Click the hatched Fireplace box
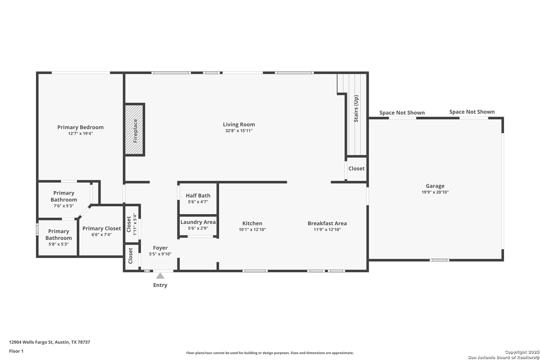click(135, 129)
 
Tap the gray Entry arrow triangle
click(160, 276)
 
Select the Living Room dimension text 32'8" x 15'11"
click(239, 131)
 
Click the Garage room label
click(435, 186)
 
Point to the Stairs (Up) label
click(356, 109)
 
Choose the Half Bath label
click(198, 196)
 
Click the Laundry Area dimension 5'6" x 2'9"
click(198, 228)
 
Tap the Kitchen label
click(252, 223)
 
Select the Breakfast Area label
click(327, 223)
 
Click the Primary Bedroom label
click(80, 127)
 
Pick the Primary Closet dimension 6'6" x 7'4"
click(101, 235)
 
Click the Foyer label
click(160, 248)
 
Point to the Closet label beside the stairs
click(356, 169)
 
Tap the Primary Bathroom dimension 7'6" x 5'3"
click(64, 206)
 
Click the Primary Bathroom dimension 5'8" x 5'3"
click(59, 244)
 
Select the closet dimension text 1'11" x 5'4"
click(135, 224)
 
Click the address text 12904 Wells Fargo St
click(31, 342)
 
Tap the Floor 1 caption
click(16, 351)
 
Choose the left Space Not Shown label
click(402, 113)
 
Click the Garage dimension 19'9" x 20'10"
click(435, 192)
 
